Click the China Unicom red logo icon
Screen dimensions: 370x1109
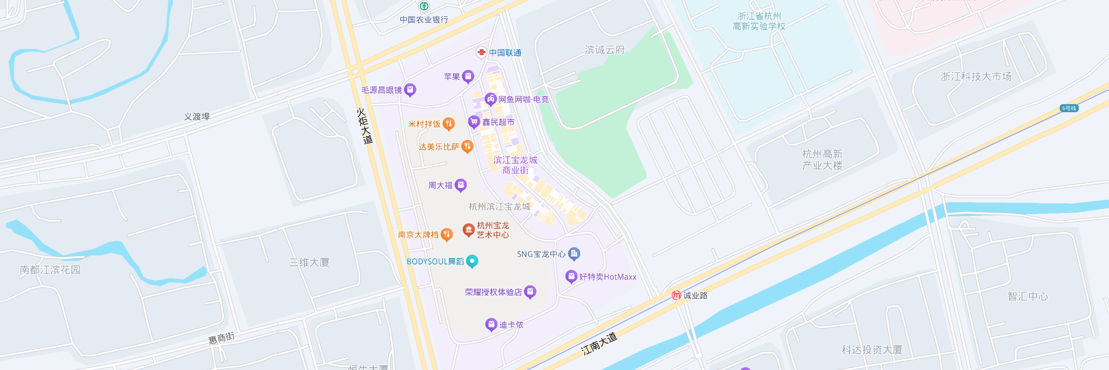481,52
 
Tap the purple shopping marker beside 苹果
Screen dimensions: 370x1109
468,76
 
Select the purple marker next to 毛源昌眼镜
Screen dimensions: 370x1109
410,89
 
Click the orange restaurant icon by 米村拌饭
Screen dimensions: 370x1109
448,124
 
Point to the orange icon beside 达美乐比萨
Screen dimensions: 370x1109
467,146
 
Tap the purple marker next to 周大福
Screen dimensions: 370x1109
461,185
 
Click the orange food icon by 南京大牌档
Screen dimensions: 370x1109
447,234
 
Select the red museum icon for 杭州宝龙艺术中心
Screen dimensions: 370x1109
468,229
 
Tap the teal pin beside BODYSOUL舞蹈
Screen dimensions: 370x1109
472,261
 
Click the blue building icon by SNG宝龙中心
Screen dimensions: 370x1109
574,253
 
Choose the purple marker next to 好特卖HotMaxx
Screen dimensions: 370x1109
571,276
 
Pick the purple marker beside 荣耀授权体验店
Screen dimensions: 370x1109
530,292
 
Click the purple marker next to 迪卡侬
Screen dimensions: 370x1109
491,324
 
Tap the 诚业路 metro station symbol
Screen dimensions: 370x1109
677,295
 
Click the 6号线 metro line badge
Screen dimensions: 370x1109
1069,108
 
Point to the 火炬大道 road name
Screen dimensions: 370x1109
364,126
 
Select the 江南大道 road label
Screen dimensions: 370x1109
599,344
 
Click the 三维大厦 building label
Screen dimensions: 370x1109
309,262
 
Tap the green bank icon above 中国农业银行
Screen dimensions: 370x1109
424,7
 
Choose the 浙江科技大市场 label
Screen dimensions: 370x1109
975,76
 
